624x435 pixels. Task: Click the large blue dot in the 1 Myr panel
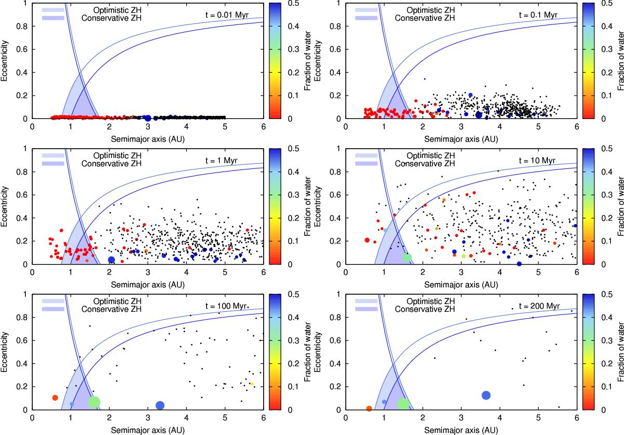coord(111,260)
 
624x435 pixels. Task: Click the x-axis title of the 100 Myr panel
coord(148,430)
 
